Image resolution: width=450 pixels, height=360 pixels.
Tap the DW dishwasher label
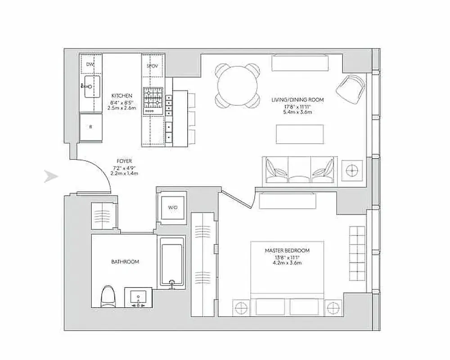point(90,64)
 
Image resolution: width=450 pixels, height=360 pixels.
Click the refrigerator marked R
point(90,126)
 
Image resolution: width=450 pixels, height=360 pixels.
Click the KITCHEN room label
point(122,96)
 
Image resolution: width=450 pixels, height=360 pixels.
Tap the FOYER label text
point(124,161)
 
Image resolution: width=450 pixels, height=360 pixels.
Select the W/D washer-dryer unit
point(173,208)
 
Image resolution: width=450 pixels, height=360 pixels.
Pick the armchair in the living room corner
point(351,88)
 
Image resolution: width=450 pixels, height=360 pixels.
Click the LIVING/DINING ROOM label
point(297,99)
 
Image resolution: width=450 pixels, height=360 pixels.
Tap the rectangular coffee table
point(299,133)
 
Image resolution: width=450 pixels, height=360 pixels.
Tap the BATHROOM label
point(125,261)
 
